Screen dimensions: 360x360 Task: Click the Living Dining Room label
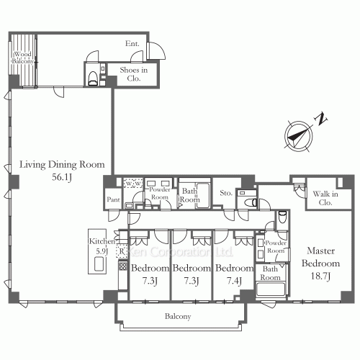point(57,163)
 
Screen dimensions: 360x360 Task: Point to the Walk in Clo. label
point(325,197)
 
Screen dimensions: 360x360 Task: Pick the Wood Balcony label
point(21,58)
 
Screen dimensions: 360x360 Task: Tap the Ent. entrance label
point(132,44)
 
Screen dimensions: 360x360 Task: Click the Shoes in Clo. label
point(133,74)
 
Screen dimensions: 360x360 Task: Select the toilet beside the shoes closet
point(92,78)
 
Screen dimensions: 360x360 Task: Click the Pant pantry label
point(112,199)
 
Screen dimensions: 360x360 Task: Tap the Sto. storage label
point(225,192)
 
